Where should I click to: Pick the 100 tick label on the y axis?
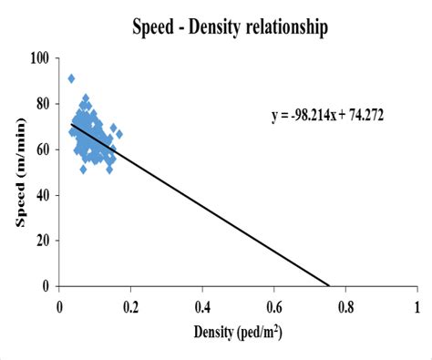(x=39, y=58)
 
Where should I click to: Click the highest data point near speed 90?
(x=71, y=79)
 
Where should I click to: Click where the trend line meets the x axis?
(x=329, y=285)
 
